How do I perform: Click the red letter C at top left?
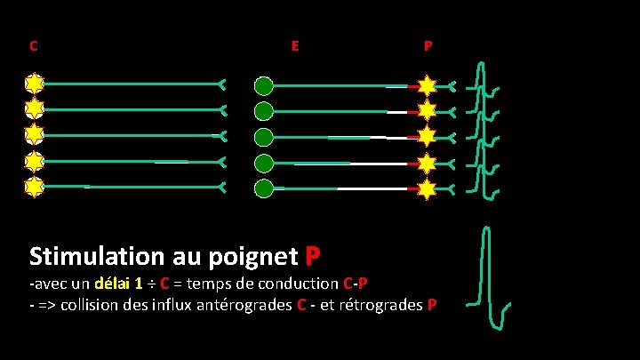pyautogui.click(x=33, y=45)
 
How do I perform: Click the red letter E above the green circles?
pyautogui.click(x=294, y=45)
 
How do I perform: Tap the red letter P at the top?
pyautogui.click(x=428, y=45)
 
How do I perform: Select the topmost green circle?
pyautogui.click(x=264, y=86)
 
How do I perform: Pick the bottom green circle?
pyautogui.click(x=264, y=188)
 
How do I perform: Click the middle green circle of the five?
pyautogui.click(x=264, y=138)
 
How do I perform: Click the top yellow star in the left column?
pyautogui.click(x=34, y=84)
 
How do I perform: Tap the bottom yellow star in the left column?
pyautogui.click(x=34, y=188)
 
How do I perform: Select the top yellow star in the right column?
pyautogui.click(x=428, y=86)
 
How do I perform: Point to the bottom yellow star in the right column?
pyautogui.click(x=428, y=189)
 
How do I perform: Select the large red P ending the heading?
pyautogui.click(x=312, y=256)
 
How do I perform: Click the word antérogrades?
pyautogui.click(x=241, y=305)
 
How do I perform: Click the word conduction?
pyautogui.click(x=298, y=284)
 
